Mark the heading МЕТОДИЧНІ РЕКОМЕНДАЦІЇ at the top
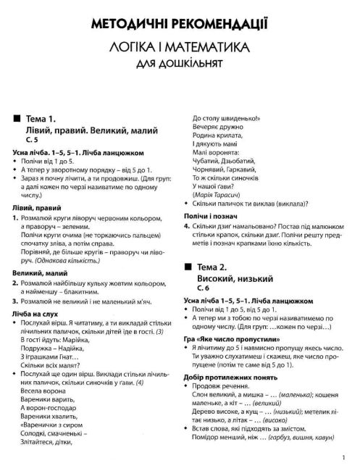click(180, 27)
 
